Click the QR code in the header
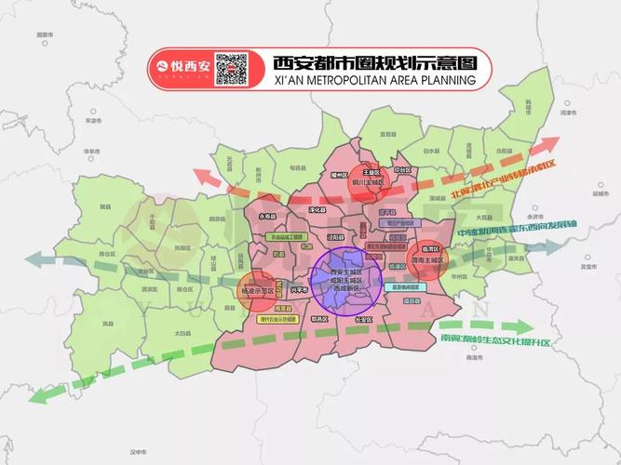click(x=232, y=69)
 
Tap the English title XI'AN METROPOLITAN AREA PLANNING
click(x=374, y=81)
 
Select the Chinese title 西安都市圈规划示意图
click(x=374, y=63)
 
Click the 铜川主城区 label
click(x=370, y=182)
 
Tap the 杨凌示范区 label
click(x=255, y=291)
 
